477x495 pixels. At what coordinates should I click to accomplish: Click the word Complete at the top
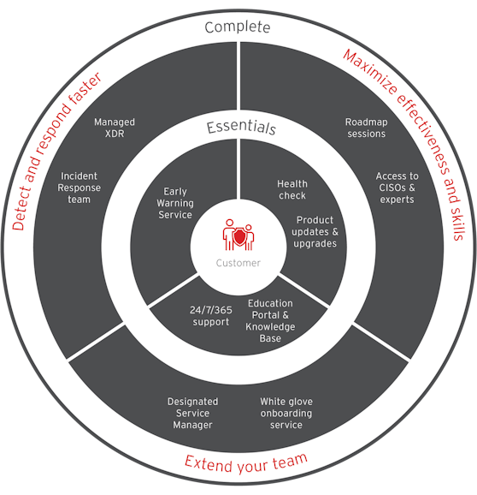click(238, 27)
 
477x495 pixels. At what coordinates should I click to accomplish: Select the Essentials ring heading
click(241, 128)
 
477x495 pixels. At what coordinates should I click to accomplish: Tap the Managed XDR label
click(115, 128)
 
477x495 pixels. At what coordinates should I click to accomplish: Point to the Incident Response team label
click(79, 188)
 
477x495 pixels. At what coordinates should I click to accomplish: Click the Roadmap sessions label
click(367, 128)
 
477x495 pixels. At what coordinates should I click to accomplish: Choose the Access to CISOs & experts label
click(397, 188)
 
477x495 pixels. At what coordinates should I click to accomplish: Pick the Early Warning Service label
click(175, 203)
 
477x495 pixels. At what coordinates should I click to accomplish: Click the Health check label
click(292, 189)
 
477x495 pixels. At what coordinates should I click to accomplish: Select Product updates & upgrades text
click(315, 232)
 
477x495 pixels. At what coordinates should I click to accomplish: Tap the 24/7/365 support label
click(211, 316)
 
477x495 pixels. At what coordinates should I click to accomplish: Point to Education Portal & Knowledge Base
click(270, 321)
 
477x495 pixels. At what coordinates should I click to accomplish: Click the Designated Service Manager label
click(192, 413)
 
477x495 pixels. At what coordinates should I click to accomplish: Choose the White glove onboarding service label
click(286, 413)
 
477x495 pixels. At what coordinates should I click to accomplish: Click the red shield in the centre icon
click(239, 237)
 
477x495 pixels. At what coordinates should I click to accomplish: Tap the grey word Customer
click(238, 263)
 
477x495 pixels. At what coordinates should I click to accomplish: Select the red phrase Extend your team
click(245, 463)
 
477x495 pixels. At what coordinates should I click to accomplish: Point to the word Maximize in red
click(369, 72)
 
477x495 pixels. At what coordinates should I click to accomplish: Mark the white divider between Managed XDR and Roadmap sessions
click(238, 76)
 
